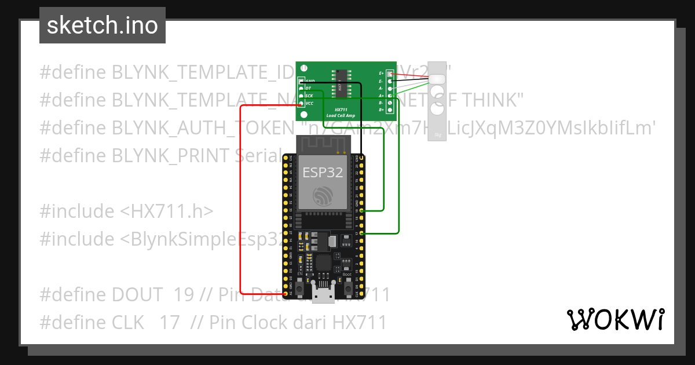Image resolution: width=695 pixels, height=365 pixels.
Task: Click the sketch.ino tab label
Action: [102, 25]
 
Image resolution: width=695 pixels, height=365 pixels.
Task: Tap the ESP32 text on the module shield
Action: [323, 172]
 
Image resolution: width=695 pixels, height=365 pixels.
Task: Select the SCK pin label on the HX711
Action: [309, 96]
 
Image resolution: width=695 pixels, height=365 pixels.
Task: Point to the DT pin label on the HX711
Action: [308, 88]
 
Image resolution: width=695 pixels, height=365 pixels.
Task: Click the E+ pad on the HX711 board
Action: [390, 74]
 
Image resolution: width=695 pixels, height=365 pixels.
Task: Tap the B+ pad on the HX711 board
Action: [390, 110]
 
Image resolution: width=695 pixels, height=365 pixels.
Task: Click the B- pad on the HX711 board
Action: [390, 103]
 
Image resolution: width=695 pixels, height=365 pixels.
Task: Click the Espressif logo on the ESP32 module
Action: [323, 196]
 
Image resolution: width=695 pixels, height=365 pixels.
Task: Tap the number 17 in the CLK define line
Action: [170, 322]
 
